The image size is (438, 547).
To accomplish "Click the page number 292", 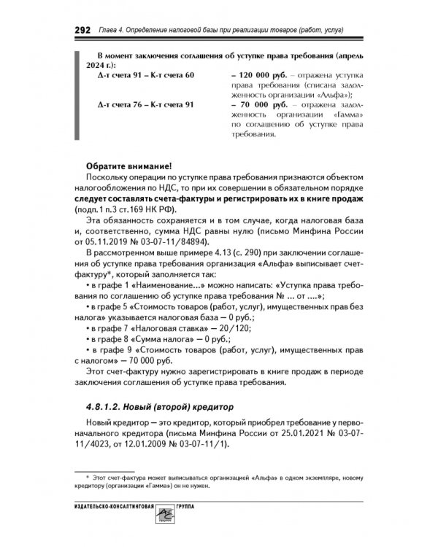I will coord(82,30).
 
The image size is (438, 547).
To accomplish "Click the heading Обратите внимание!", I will coord(128,164).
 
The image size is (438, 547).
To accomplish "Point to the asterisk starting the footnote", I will coord(88,474).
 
